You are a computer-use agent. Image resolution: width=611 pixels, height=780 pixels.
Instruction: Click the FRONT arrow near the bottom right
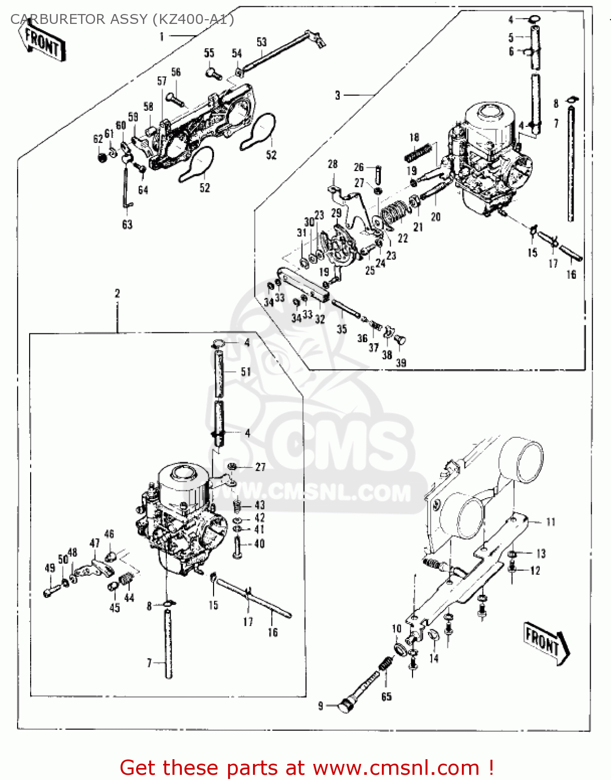coord(545,642)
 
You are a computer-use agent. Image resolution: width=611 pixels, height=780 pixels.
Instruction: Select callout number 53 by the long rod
coord(261,43)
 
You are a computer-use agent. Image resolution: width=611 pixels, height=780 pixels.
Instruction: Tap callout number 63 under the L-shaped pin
coord(127,225)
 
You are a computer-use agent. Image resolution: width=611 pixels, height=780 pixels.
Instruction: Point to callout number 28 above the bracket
coord(333,164)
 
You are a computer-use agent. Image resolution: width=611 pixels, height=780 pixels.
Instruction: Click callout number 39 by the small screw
coord(401,363)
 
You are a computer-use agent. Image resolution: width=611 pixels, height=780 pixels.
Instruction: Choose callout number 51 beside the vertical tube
coord(246,372)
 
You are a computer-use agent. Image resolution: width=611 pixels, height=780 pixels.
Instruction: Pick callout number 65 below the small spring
coord(387,696)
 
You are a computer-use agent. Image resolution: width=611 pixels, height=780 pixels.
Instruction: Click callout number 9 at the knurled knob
coord(321,706)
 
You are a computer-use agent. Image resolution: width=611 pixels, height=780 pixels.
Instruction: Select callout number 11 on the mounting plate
coord(551,522)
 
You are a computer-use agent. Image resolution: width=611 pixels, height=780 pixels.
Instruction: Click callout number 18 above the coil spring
coord(414,137)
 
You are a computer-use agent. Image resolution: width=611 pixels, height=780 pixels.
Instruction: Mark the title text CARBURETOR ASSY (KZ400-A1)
coord(122,19)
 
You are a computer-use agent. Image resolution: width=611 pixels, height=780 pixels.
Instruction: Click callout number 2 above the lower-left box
coord(117,293)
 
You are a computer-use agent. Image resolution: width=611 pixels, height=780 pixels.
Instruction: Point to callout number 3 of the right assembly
coord(338,95)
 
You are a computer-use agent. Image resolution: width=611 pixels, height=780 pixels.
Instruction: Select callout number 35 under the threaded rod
coord(341,329)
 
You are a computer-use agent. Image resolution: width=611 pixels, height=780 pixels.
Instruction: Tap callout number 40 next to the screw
coord(259,544)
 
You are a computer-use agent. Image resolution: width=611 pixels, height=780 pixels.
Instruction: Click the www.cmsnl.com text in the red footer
coord(396,768)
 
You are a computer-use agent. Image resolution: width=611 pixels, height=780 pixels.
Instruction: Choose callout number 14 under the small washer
coord(434,658)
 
